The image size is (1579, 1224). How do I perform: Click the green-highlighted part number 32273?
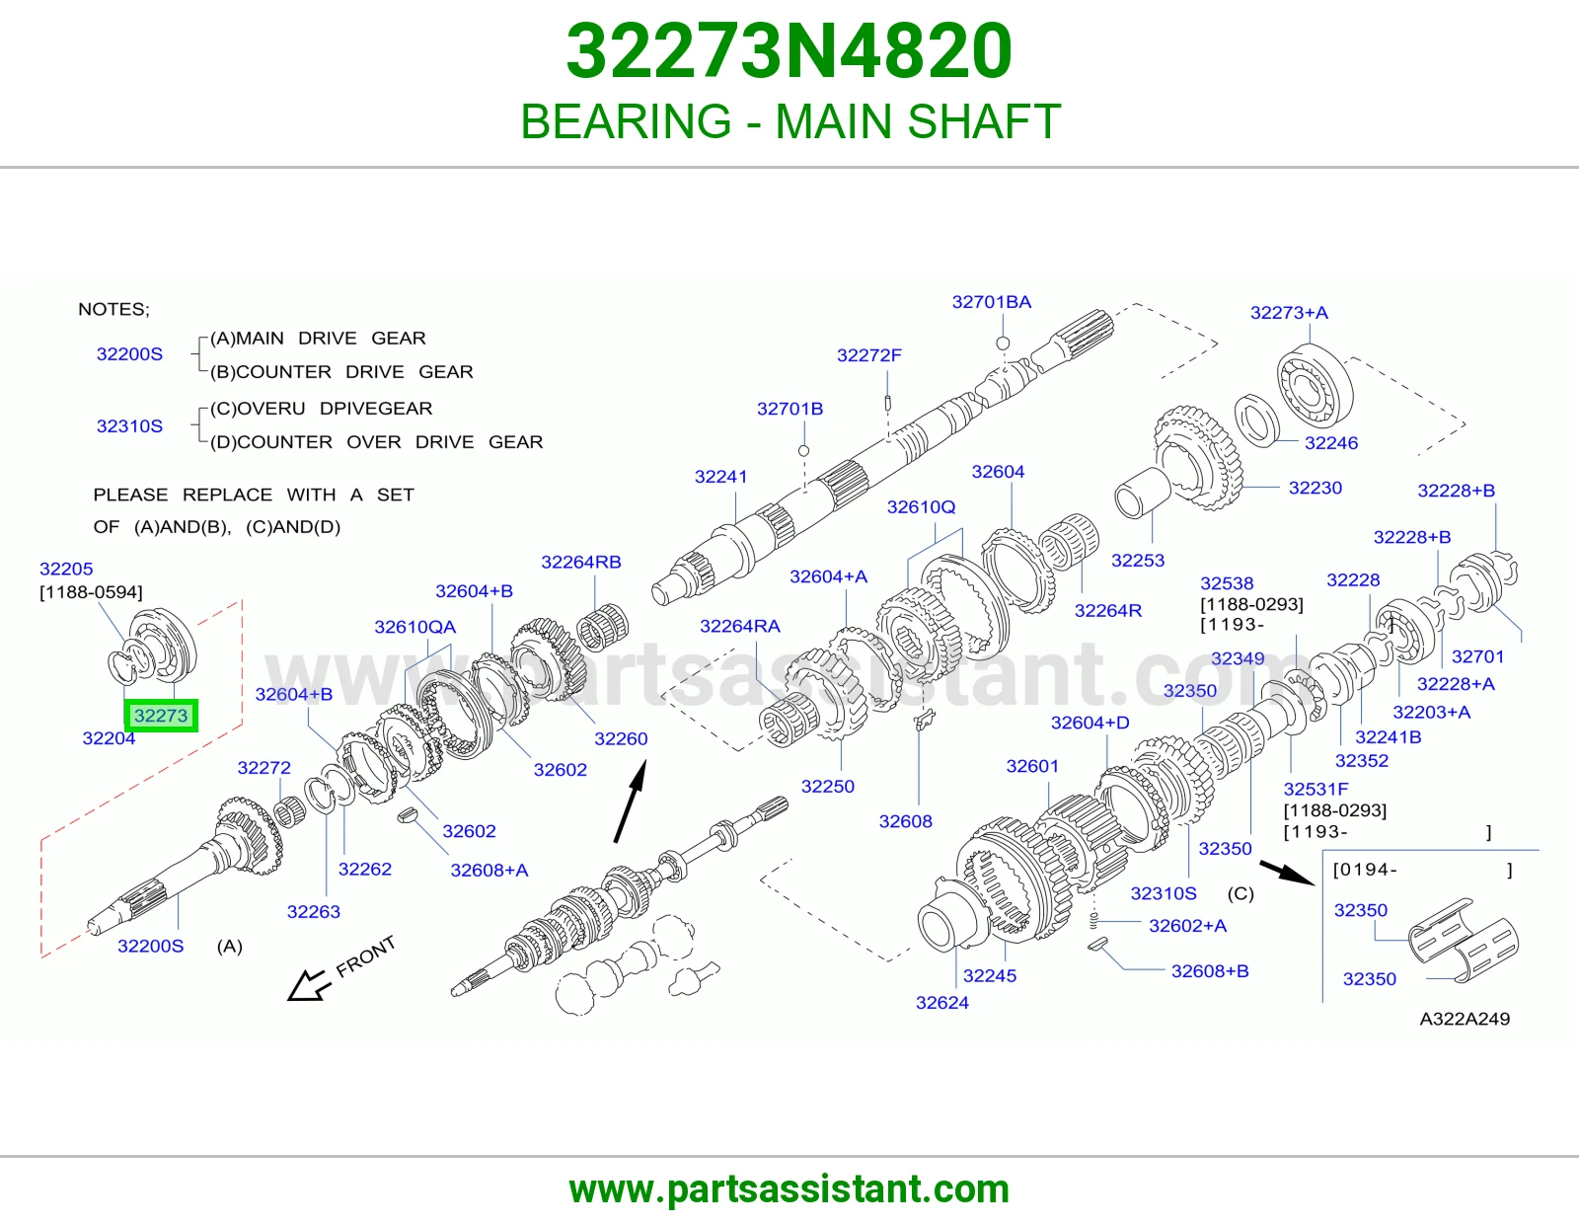click(x=161, y=716)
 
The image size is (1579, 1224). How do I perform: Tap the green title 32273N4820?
click(x=789, y=51)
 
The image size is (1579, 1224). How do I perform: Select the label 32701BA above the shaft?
click(x=991, y=302)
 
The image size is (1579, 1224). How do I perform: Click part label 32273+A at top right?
click(x=1288, y=313)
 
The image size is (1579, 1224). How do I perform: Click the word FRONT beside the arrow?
click(x=365, y=956)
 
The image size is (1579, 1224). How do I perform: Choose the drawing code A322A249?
click(x=1465, y=1019)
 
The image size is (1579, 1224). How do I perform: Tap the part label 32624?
click(x=941, y=1002)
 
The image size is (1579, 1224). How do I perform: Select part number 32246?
click(x=1330, y=442)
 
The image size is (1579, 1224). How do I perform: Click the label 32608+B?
click(x=1210, y=971)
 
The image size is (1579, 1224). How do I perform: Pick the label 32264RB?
click(x=580, y=562)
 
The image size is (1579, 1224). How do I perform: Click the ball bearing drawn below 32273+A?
click(x=1315, y=383)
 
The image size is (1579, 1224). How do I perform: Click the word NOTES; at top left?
click(x=113, y=309)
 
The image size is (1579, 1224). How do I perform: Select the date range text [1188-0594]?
click(x=91, y=592)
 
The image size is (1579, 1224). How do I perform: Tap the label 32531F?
click(x=1316, y=789)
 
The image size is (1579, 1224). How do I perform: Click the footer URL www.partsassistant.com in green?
click(x=789, y=1189)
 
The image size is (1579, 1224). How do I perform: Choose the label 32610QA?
click(x=414, y=627)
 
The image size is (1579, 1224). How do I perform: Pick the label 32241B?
click(x=1388, y=737)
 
